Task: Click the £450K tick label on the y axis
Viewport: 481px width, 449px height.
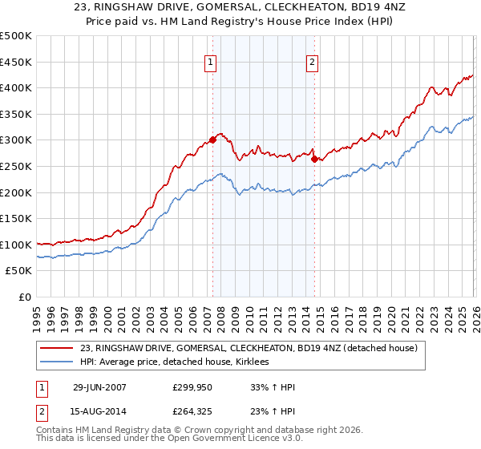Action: (x=16, y=62)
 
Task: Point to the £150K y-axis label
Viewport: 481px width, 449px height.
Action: (x=16, y=218)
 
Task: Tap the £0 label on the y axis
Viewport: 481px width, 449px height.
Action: (x=24, y=297)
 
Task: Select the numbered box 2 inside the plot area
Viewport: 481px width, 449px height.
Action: (x=311, y=62)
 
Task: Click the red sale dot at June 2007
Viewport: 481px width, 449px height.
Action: (x=212, y=140)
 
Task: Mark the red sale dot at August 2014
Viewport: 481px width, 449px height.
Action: (x=314, y=159)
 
